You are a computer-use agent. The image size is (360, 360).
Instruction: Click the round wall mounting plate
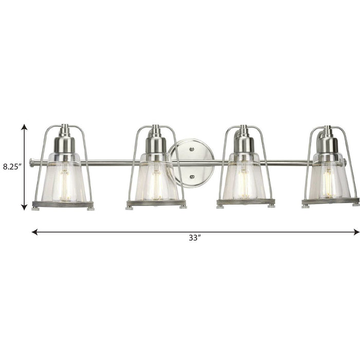(x=191, y=163)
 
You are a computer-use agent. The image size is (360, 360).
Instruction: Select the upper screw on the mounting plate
(x=191, y=150)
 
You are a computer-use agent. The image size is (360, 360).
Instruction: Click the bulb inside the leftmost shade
(x=64, y=183)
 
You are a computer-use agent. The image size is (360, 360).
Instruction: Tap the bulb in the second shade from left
(x=156, y=183)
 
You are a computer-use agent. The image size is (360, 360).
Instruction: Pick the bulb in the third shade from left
(x=243, y=183)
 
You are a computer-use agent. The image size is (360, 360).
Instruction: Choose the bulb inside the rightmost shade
(x=328, y=183)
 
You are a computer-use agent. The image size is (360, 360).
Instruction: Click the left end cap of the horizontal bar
(x=31, y=163)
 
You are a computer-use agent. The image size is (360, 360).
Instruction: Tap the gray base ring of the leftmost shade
(x=63, y=204)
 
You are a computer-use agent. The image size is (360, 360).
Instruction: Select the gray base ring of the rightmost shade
(x=330, y=201)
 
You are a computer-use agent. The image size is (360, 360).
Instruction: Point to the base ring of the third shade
(x=245, y=202)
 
